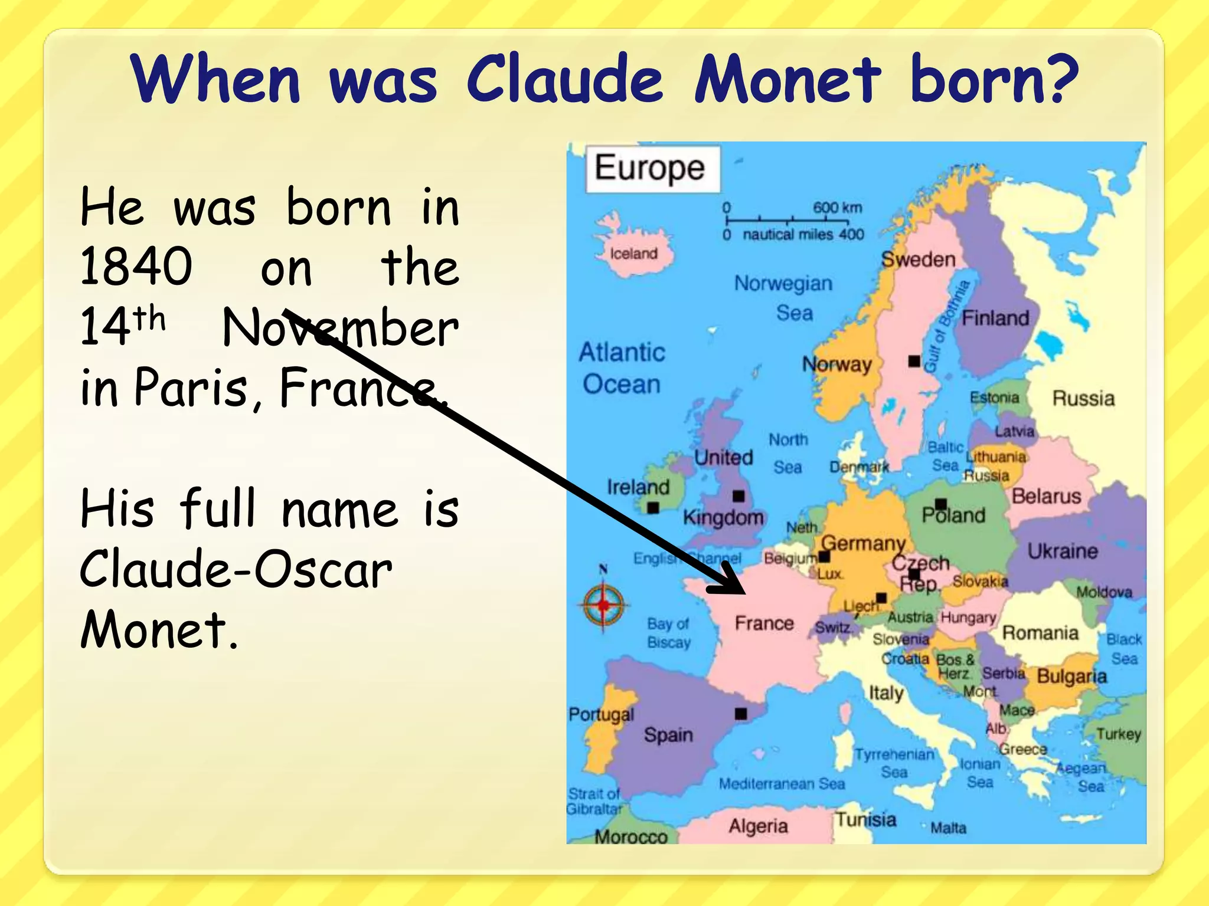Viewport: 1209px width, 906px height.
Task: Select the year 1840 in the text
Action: click(136, 267)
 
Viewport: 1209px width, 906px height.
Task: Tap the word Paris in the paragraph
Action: click(191, 388)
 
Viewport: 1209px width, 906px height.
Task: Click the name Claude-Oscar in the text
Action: click(236, 570)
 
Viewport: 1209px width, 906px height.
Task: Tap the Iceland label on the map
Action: click(633, 254)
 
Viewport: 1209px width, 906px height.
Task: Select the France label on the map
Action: click(764, 623)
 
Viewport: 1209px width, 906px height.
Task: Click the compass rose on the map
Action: click(603, 605)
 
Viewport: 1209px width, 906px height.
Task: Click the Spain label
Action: click(668, 735)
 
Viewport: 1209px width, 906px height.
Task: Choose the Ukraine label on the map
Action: click(1063, 551)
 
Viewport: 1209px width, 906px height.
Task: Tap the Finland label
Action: click(995, 319)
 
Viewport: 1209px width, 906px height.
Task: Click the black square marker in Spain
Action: click(741, 714)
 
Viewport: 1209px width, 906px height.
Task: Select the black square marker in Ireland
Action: click(653, 507)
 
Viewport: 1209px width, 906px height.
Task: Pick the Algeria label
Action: click(758, 826)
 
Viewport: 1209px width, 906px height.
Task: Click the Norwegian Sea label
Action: click(784, 298)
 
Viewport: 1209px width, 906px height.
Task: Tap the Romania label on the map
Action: click(1040, 633)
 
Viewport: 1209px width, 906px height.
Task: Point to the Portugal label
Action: click(601, 714)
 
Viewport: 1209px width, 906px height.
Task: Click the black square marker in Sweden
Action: click(914, 360)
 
